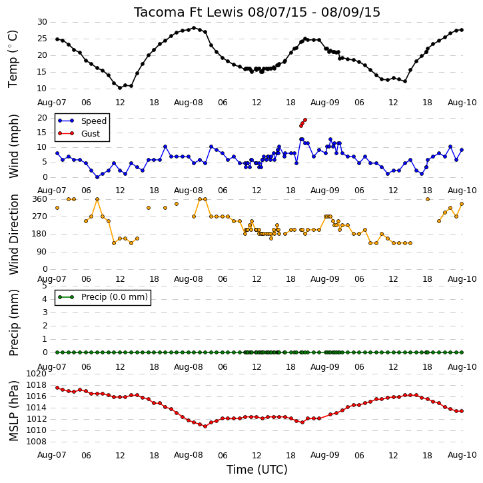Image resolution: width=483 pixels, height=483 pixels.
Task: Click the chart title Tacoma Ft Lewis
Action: coord(189,12)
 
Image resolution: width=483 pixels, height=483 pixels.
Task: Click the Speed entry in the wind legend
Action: coord(82,121)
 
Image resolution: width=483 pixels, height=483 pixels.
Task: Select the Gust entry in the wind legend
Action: coord(79,134)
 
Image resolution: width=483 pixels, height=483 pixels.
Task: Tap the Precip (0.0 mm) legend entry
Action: coord(103,297)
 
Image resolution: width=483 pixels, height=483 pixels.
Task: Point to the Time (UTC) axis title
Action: coord(257,470)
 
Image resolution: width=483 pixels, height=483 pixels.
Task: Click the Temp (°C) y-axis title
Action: coord(13,59)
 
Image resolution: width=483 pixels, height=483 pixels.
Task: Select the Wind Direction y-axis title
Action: coord(13,235)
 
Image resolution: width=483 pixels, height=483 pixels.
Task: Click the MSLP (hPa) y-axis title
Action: coord(13,411)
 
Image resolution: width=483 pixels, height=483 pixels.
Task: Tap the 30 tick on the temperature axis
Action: coord(42,22)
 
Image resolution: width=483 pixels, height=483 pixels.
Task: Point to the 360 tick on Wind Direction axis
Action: coord(40,199)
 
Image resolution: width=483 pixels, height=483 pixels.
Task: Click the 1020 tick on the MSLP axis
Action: coord(37,374)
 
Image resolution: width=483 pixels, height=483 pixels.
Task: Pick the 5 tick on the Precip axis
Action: coord(45,286)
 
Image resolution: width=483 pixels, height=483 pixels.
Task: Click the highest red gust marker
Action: coord(305,120)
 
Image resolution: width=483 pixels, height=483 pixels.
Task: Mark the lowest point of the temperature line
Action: coord(120,88)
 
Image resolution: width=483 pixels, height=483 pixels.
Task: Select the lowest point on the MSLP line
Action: coord(205,426)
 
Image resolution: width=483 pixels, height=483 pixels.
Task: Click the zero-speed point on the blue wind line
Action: coord(97,177)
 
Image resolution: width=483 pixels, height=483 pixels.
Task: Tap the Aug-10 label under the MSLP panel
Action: coord(462,455)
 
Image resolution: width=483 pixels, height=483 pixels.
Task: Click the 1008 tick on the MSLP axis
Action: coord(37,442)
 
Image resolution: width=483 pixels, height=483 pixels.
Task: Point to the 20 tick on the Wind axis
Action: coord(42,118)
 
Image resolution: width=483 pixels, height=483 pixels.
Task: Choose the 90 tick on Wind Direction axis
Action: coord(42,252)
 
